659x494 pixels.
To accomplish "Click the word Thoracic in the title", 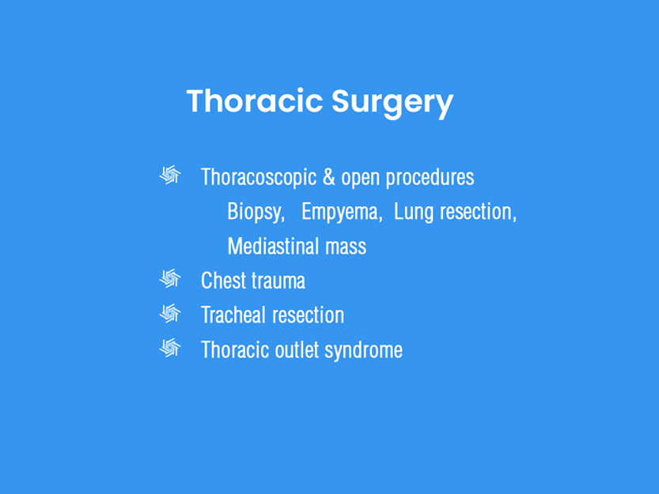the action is (x=255, y=101).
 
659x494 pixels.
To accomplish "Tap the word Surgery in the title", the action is (x=392, y=104).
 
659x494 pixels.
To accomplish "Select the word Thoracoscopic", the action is (x=259, y=177).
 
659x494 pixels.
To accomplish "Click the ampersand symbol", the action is (x=328, y=176).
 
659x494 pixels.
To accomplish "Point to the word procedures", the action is (x=430, y=177).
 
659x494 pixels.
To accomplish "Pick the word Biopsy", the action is (x=256, y=212).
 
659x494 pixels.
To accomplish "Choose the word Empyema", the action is (x=342, y=212).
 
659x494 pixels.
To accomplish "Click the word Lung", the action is (x=413, y=212).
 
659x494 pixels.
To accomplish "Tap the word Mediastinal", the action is (x=274, y=246).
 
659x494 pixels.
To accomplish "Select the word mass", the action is (x=346, y=248).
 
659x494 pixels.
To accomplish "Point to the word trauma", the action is (x=278, y=281).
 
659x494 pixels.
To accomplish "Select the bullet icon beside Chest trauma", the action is (x=170, y=278).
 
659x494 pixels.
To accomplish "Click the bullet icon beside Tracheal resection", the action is (x=170, y=313).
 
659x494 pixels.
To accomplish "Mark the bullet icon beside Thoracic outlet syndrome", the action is (x=170, y=348).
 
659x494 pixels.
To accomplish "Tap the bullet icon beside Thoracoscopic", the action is (x=170, y=175).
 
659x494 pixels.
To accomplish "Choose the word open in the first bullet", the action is (x=361, y=179).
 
